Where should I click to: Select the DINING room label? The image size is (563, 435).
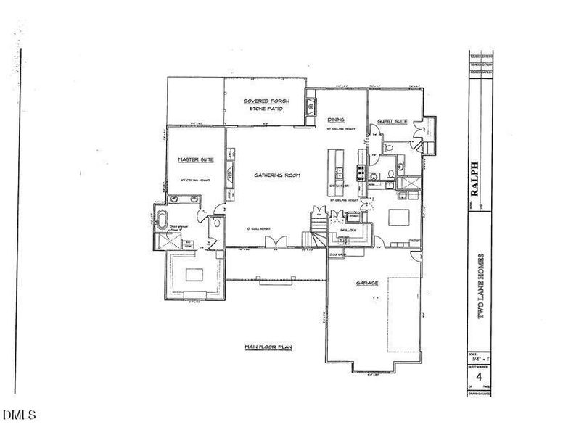click(335, 120)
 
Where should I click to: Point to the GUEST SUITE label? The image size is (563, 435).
click(392, 121)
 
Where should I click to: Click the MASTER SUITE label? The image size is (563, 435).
click(194, 159)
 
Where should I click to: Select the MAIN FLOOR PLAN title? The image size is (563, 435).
click(268, 348)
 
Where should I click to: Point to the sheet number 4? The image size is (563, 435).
click(479, 378)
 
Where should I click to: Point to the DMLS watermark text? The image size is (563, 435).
click(17, 415)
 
